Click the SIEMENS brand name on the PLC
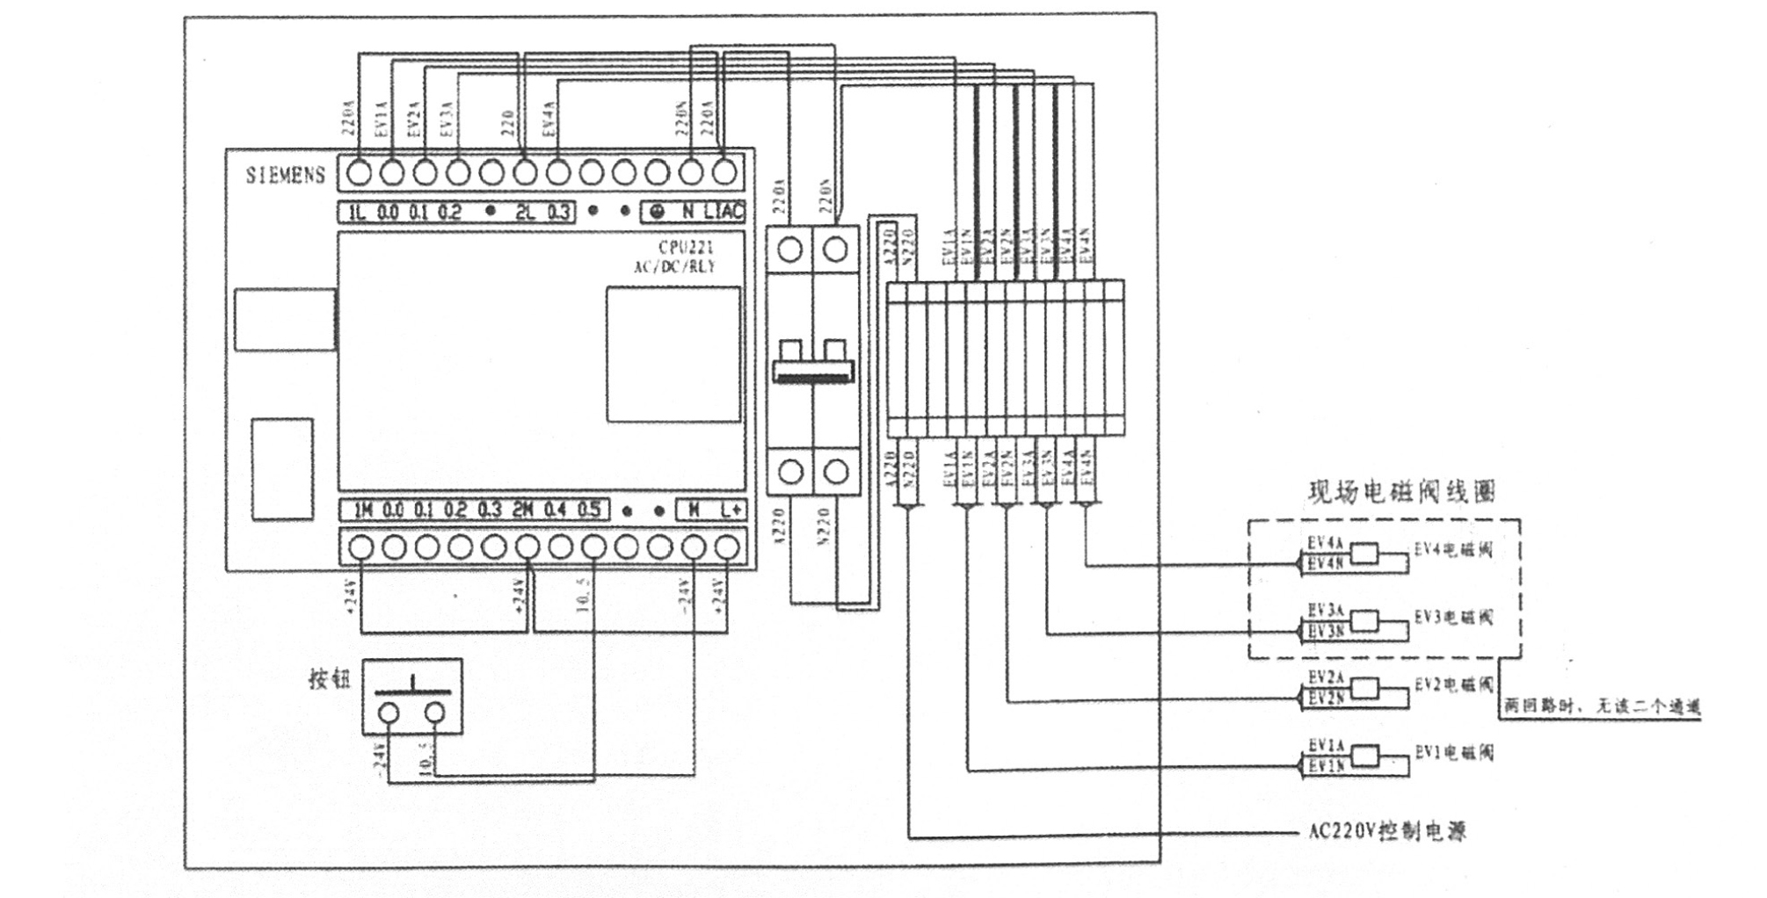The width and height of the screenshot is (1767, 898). pos(285,175)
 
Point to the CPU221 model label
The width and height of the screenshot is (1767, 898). pos(686,249)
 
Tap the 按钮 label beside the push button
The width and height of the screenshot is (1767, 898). pos(329,679)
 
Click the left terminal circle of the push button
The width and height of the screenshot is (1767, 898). pos(389,713)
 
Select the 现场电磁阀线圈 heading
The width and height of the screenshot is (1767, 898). pos(1401,491)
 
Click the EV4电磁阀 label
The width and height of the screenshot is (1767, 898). pos(1453,550)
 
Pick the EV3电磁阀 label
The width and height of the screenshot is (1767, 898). pos(1453,618)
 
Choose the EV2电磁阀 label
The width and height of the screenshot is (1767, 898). pos(1453,684)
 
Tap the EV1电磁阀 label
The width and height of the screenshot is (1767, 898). pos(1453,752)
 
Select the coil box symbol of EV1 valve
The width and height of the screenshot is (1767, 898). pos(1364,754)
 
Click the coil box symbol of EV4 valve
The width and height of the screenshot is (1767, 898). pos(1364,553)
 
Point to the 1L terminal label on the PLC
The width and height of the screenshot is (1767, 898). pos(356,212)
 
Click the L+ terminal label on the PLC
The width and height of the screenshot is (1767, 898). pos(731,510)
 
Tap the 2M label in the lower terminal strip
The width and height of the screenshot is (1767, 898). pos(522,510)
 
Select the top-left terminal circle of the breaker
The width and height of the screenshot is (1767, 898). pos(789,250)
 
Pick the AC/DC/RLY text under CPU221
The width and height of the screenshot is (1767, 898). pos(674,267)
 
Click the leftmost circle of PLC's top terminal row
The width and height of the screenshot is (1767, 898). pos(359,173)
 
